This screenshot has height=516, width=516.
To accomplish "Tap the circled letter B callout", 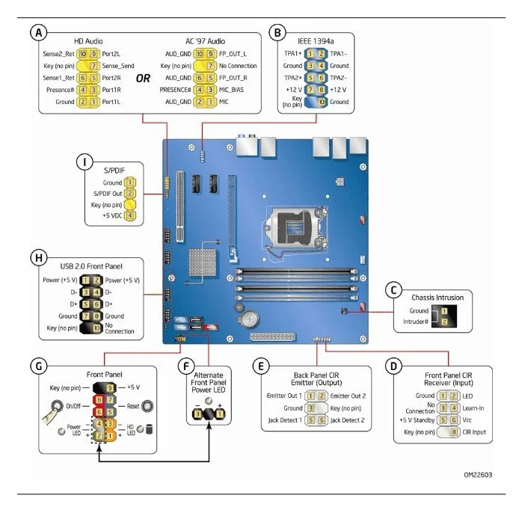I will click(x=277, y=32).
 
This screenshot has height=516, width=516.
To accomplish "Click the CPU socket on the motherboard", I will click(x=298, y=221).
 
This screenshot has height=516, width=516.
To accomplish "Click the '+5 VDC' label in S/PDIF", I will click(x=109, y=215).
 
